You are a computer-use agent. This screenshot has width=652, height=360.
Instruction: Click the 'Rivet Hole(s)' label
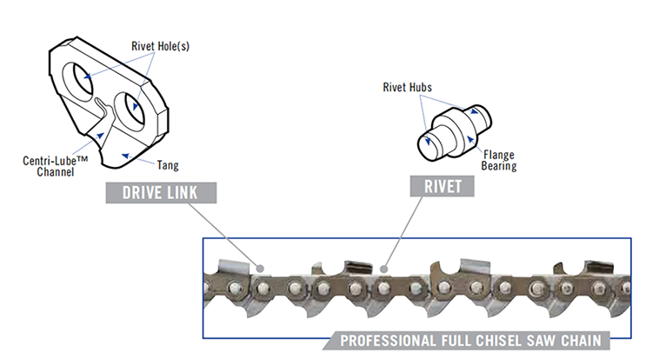(x=160, y=46)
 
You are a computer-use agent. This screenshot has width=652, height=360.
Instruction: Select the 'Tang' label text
(x=168, y=163)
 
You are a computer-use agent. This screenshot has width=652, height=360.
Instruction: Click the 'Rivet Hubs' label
(x=408, y=86)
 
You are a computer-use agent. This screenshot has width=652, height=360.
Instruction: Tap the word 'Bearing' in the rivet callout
(x=499, y=166)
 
